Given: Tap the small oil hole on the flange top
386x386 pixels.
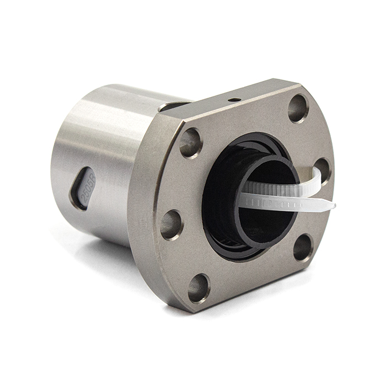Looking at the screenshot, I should pos(233,100).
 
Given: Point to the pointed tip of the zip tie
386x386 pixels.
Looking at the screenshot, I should pos(333,207).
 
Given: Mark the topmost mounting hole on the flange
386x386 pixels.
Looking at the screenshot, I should pos(298,108).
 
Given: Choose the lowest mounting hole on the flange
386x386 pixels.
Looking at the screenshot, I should pos(199,288).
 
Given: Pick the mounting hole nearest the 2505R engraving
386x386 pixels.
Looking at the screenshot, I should pos(171,224).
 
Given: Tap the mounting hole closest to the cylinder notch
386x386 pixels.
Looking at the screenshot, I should pos(191,143).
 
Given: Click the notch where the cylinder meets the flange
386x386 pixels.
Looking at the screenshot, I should pos(175,105).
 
